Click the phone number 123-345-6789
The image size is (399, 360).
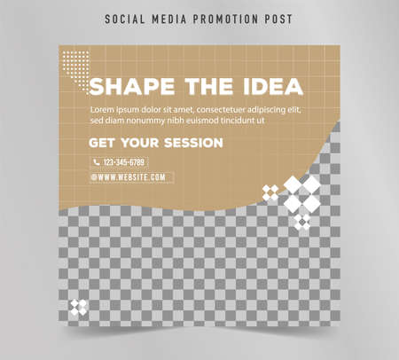coord(124,162)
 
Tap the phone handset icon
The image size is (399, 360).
coord(97,162)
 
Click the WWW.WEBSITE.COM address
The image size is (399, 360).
coord(133,177)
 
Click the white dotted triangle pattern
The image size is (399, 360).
coord(74,64)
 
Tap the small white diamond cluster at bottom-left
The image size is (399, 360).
coord(79,308)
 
